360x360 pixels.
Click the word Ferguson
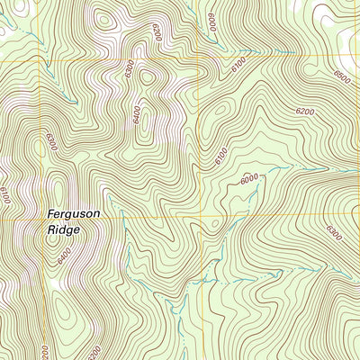click(x=74, y=214)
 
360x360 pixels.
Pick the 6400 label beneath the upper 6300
click(x=137, y=114)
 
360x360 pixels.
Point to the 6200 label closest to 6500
click(x=305, y=112)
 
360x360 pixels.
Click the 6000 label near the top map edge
click(x=212, y=20)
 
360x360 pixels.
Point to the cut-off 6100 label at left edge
click(x=4, y=193)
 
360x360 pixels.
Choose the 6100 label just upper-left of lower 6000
click(x=221, y=156)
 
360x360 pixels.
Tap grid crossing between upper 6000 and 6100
click(x=196, y=61)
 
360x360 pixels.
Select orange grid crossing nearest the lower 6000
click(x=196, y=217)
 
